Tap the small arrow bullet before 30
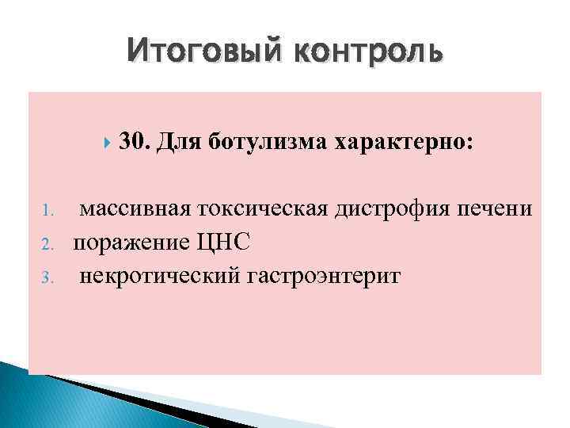(x=108, y=142)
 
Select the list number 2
(x=46, y=243)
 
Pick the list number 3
(x=46, y=277)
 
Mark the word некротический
(x=156, y=276)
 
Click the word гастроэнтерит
(x=319, y=276)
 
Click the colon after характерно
(x=472, y=143)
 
